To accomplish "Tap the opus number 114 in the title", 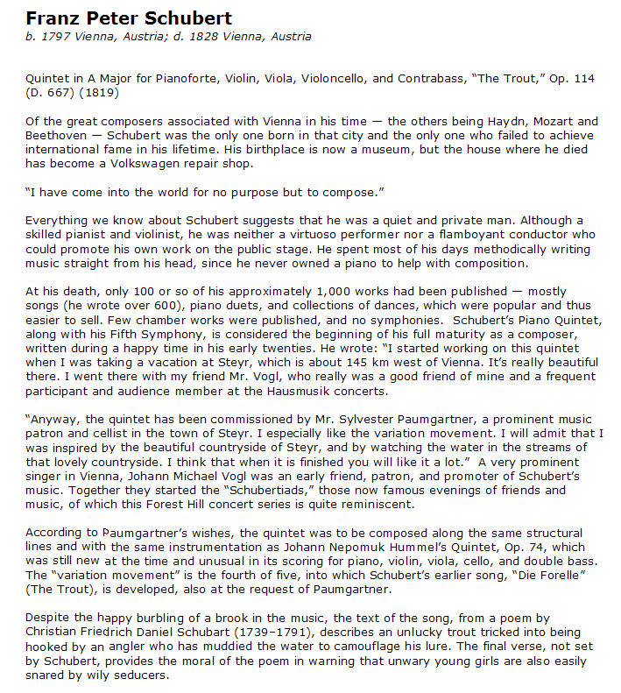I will [x=583, y=79].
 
